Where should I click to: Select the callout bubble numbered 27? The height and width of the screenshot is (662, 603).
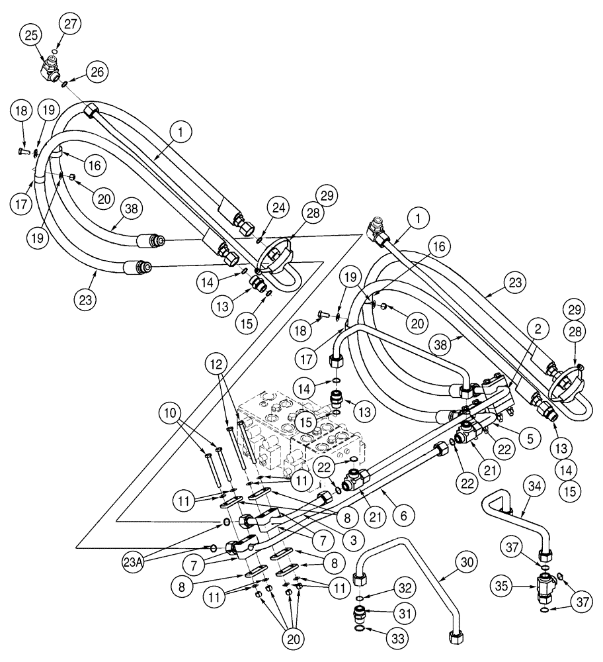70,24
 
